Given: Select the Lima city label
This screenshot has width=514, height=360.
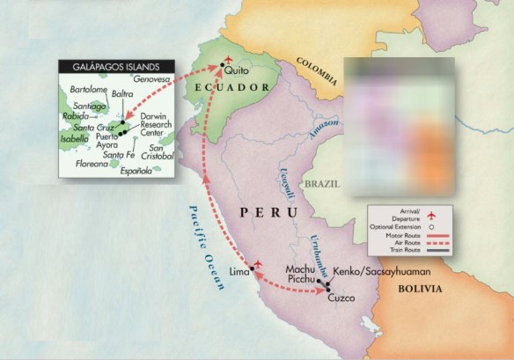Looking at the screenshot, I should point(239,273).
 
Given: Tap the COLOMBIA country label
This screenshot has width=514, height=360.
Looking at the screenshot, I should point(317,76).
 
